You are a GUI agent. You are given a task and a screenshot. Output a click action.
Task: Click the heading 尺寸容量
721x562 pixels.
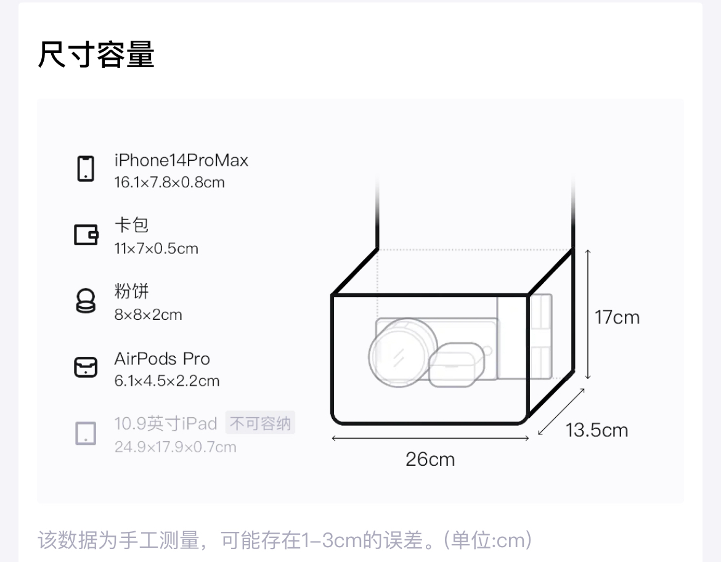[96, 55]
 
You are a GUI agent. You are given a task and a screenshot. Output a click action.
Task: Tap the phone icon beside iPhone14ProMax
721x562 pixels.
[86, 169]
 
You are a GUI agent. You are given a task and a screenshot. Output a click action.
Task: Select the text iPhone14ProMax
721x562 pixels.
[181, 161]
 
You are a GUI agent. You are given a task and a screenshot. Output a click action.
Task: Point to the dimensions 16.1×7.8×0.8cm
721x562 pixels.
[169, 182]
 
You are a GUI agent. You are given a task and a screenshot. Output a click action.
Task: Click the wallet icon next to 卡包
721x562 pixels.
[86, 235]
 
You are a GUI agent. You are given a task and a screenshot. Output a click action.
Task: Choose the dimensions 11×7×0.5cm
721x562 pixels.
[156, 249]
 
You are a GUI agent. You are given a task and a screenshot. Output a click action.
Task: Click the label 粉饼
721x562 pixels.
[131, 291]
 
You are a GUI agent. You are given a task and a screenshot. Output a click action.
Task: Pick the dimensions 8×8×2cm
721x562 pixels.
[148, 315]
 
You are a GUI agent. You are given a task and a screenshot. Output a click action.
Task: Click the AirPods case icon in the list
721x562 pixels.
[86, 367]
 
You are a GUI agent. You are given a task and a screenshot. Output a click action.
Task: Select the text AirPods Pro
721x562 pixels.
[162, 359]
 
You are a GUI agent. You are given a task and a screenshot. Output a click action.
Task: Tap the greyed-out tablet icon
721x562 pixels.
[86, 433]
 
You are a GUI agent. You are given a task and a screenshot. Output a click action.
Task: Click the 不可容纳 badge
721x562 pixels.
[260, 424]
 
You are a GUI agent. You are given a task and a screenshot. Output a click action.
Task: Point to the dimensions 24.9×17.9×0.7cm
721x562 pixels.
[175, 447]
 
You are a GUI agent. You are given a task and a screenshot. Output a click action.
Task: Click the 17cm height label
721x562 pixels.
[617, 317]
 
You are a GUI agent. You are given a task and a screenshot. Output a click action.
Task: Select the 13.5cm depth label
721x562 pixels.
[597, 430]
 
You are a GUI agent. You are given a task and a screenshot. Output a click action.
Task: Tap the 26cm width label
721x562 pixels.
[430, 459]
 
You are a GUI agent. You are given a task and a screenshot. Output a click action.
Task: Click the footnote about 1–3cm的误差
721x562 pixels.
[285, 540]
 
